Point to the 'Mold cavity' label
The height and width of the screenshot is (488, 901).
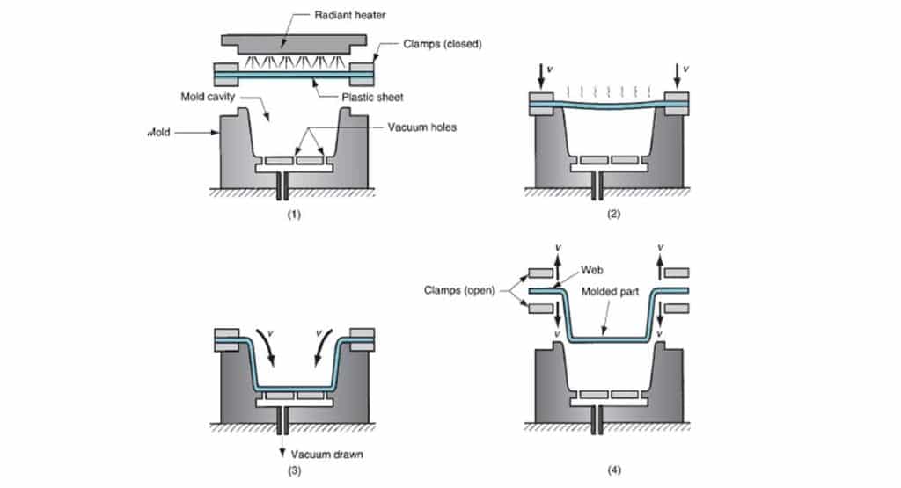click(209, 97)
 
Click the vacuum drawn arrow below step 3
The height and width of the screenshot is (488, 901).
click(283, 444)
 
